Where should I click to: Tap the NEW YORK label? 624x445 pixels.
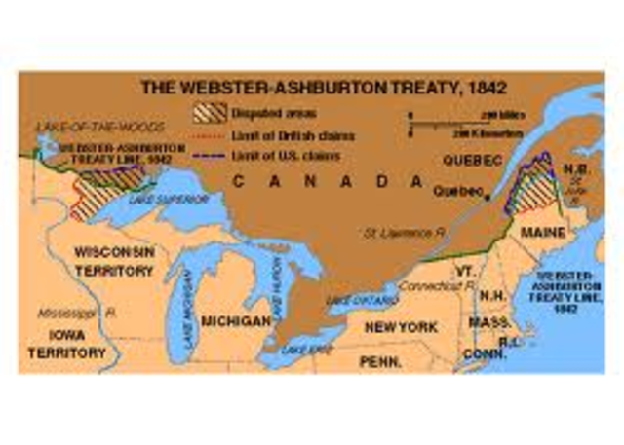click(x=401, y=327)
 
